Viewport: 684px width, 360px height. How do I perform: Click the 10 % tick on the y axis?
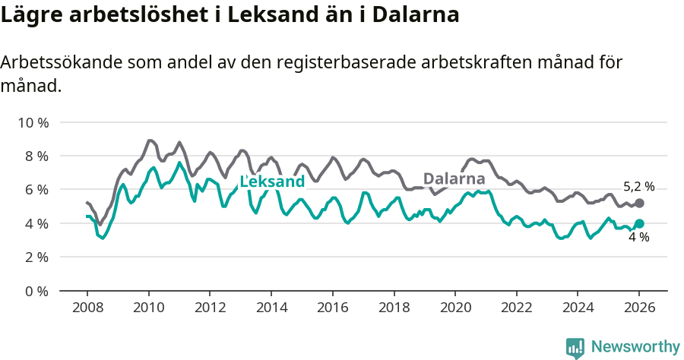33,122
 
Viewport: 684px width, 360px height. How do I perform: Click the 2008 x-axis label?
87,309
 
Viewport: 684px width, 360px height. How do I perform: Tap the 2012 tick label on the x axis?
210,309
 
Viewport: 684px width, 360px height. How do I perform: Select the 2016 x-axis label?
332,309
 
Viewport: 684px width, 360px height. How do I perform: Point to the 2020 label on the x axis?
455,309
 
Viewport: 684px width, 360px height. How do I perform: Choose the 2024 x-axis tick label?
578,309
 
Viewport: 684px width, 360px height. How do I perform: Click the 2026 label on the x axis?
639,309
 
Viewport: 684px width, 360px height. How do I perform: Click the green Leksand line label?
272,182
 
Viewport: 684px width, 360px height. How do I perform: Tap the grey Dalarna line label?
454,179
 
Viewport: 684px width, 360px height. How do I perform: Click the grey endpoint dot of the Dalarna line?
639,204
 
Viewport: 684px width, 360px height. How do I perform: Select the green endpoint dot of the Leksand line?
639,223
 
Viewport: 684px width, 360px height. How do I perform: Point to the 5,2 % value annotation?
638,187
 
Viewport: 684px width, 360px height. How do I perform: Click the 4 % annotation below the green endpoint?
638,238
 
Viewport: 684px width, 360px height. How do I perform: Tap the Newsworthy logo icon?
575,347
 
